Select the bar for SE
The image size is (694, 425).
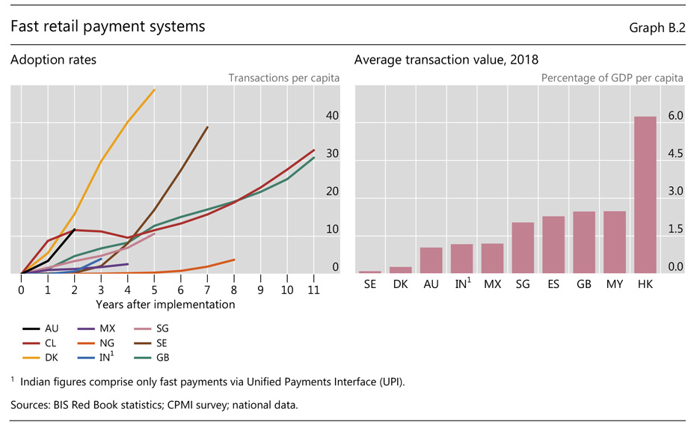pos(369,272)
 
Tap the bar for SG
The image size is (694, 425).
pos(523,248)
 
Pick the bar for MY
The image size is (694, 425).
pos(614,242)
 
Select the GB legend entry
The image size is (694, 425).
pos(153,357)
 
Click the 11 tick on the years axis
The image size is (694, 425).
pos(313,289)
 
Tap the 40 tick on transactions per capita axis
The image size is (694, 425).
pos(333,116)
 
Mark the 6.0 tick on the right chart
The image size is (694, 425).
pos(676,116)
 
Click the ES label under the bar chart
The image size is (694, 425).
pos(553,285)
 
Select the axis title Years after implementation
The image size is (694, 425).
pos(165,304)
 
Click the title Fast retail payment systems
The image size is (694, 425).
pos(108,27)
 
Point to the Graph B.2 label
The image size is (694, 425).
pos(657,28)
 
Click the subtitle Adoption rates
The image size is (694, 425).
pos(53,60)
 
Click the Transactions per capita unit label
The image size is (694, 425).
pos(283,77)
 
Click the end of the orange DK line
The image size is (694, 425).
pos(154,90)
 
